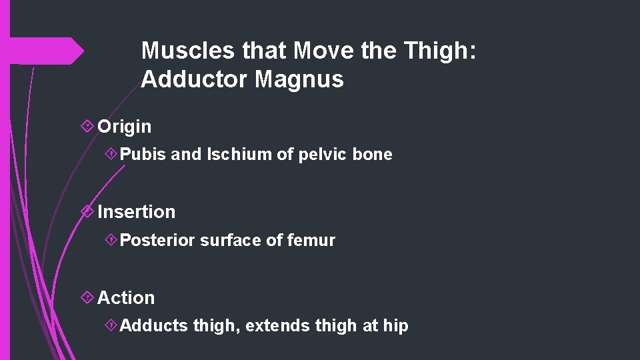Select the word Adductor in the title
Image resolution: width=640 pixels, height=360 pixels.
[x=195, y=80]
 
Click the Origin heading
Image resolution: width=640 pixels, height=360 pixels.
[x=125, y=127]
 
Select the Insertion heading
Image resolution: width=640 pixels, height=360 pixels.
[x=137, y=212]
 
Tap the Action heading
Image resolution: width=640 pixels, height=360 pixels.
[x=126, y=298]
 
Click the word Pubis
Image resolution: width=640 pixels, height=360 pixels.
[x=143, y=155]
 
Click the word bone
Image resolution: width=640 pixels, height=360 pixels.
[x=373, y=155]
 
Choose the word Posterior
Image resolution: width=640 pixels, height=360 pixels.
[x=157, y=240]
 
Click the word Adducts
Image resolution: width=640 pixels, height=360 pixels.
[x=154, y=326]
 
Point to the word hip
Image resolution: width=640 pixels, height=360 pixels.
[x=395, y=326]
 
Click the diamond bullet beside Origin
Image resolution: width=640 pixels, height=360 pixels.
[x=86, y=127]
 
